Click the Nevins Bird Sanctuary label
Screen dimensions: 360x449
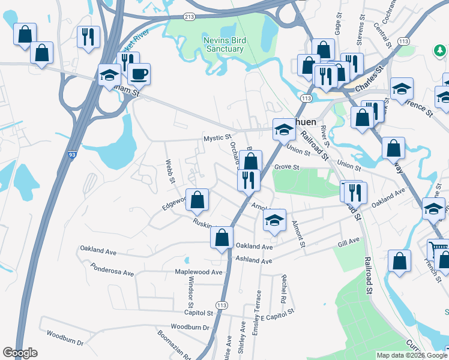(x=220, y=44)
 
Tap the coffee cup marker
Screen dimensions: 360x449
(x=139, y=74)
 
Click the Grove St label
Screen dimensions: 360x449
(x=287, y=167)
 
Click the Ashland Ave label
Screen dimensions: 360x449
(x=255, y=260)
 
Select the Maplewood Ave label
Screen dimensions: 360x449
(x=199, y=272)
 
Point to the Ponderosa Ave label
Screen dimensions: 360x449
(x=112, y=268)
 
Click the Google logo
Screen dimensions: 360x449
(x=20, y=353)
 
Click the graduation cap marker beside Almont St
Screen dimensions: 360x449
(x=274, y=220)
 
